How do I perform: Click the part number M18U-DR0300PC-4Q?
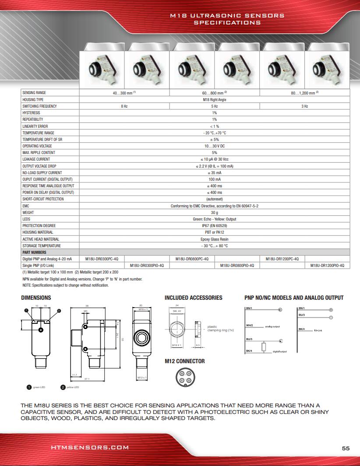coord(102,259)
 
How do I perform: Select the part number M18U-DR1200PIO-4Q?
coord(327,266)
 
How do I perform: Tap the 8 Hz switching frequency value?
coord(124,106)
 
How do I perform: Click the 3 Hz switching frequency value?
coord(304,106)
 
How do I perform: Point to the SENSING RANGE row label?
coord(34,93)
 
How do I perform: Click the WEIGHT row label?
coord(28,213)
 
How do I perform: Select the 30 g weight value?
coord(214,213)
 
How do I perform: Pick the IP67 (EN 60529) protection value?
coord(214,226)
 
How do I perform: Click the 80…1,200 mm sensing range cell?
coord(304,93)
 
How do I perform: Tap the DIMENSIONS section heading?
coord(36,298)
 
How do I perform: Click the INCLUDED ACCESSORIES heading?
coord(193,298)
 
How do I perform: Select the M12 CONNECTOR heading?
coord(184,361)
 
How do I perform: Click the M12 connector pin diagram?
coord(183,377)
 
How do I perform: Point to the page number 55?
coord(346,448)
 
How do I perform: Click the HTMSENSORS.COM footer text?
coord(90,448)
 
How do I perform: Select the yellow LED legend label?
coord(73,387)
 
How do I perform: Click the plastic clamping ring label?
coord(215,328)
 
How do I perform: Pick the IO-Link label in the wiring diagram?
coord(318,330)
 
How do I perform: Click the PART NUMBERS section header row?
coord(34,252)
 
